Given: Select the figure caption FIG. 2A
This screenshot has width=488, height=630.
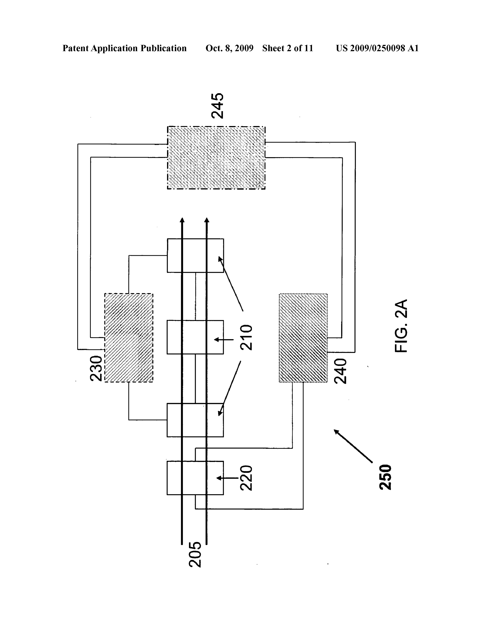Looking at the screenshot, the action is [x=401, y=326].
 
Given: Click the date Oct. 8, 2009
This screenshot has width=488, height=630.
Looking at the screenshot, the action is [x=230, y=48].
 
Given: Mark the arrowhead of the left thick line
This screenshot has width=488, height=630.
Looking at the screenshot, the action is [x=182, y=220].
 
